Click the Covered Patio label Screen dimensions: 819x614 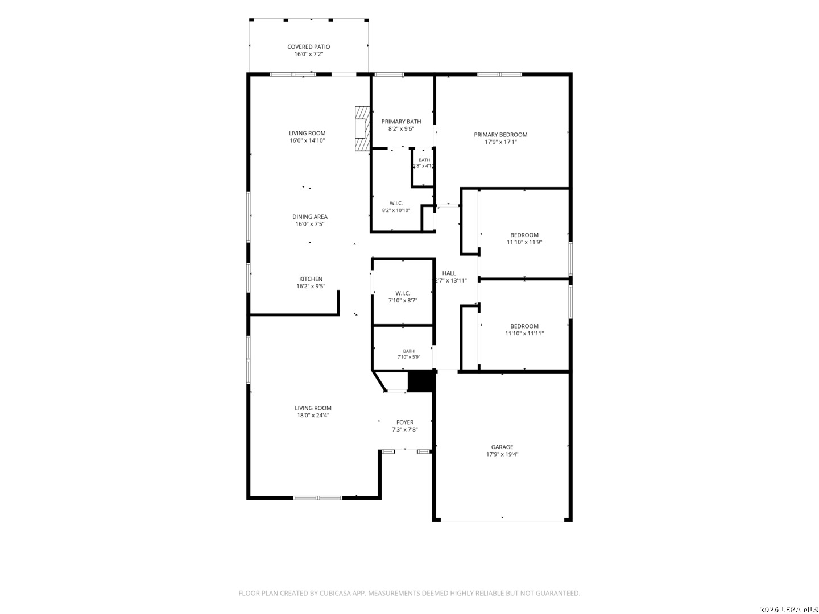[x=308, y=47]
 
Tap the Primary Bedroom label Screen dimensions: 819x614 [x=500, y=135]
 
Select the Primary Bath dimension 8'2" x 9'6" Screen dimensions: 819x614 [x=401, y=129]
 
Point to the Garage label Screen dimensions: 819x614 [x=502, y=447]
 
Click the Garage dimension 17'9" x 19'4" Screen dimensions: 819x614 [x=502, y=454]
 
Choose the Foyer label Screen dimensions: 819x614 [x=404, y=422]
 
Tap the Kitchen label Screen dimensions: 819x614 [x=311, y=279]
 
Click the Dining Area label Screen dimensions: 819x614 [x=310, y=217]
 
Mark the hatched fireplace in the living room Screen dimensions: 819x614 [x=362, y=128]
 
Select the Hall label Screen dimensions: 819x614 [x=449, y=273]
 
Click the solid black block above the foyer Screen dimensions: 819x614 [x=421, y=381]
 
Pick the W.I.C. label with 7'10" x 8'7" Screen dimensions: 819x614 [x=403, y=293]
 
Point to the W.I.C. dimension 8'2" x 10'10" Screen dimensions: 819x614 [x=396, y=210]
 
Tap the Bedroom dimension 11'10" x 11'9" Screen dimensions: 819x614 [x=524, y=242]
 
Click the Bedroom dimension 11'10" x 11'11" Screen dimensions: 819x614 [x=524, y=333]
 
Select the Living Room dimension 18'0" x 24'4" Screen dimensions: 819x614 [x=313, y=415]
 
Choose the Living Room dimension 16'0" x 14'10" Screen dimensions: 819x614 [x=307, y=140]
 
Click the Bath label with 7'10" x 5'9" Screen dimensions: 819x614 [x=408, y=351]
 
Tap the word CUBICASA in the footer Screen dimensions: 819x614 [x=334, y=593]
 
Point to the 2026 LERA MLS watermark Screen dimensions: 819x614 [x=788, y=609]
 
